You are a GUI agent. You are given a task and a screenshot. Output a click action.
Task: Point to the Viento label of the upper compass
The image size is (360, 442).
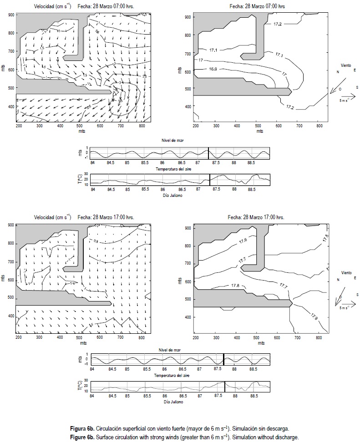tap(346, 65)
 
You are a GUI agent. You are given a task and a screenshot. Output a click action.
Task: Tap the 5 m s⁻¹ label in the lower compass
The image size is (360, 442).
tap(345, 308)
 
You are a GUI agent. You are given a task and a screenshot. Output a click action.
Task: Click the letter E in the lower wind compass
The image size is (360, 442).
tap(354, 277)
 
